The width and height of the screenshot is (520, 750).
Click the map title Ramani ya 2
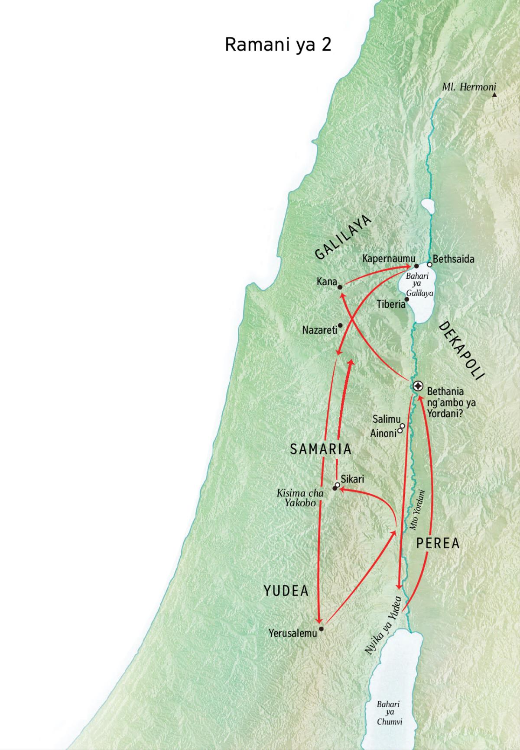(278, 45)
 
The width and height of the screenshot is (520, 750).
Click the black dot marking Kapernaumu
(416, 266)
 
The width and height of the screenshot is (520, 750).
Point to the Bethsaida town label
(453, 259)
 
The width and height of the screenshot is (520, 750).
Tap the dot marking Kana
(340, 287)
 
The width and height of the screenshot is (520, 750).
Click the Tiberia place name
(390, 304)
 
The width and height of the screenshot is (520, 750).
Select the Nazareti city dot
(340, 325)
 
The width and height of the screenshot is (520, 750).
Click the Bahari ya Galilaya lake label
(419, 285)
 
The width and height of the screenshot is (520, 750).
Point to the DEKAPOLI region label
(461, 351)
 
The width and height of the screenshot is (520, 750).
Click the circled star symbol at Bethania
(418, 386)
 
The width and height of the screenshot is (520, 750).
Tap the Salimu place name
(386, 419)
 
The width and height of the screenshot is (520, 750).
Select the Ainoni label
(383, 433)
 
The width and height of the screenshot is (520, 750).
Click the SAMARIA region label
(321, 449)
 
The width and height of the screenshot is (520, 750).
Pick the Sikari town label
(352, 479)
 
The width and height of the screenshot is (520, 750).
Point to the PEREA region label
(438, 544)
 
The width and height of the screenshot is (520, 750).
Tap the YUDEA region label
(286, 591)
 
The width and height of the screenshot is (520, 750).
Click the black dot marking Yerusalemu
(321, 628)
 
